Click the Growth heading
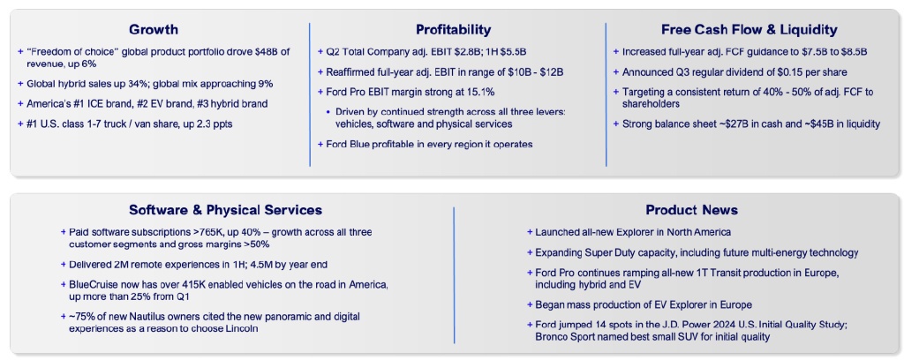154,29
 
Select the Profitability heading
453,29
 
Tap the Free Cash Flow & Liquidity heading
750,29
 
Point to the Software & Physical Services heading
225,210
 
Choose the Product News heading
692,210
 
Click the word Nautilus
132,318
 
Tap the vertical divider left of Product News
454,275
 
